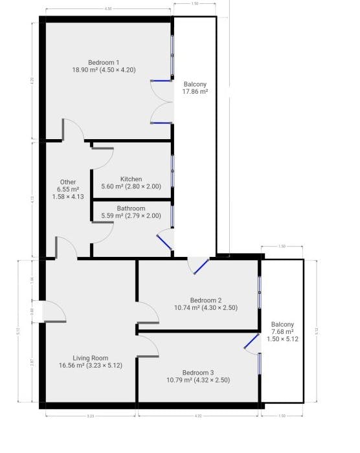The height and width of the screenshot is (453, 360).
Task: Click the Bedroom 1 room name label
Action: tap(107, 62)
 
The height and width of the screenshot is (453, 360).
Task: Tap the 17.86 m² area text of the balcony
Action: tap(196, 93)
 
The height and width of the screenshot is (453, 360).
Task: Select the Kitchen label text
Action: tap(131, 179)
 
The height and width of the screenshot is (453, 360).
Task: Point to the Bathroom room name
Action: tap(131, 208)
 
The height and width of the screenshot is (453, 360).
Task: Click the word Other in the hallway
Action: tap(68, 182)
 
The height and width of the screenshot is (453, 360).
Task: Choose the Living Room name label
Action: tap(90, 358)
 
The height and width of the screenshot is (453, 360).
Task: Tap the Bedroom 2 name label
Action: tap(206, 300)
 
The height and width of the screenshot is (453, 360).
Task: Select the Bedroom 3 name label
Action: tap(197, 372)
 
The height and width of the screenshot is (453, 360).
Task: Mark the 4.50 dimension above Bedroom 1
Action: tap(109, 9)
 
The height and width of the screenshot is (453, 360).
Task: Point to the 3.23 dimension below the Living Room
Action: tap(90, 416)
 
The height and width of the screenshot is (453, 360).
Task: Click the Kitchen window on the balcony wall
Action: tap(172, 171)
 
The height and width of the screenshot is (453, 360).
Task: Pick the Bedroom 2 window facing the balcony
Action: tap(259, 293)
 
